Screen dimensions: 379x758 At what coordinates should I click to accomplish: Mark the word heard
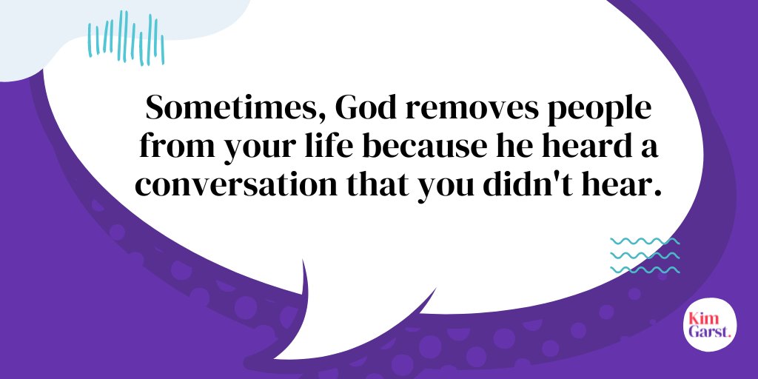pyautogui.click(x=581, y=146)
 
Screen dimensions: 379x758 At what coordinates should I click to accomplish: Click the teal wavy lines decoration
pyautogui.click(x=644, y=255)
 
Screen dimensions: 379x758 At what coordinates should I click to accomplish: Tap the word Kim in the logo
pyautogui.click(x=702, y=316)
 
